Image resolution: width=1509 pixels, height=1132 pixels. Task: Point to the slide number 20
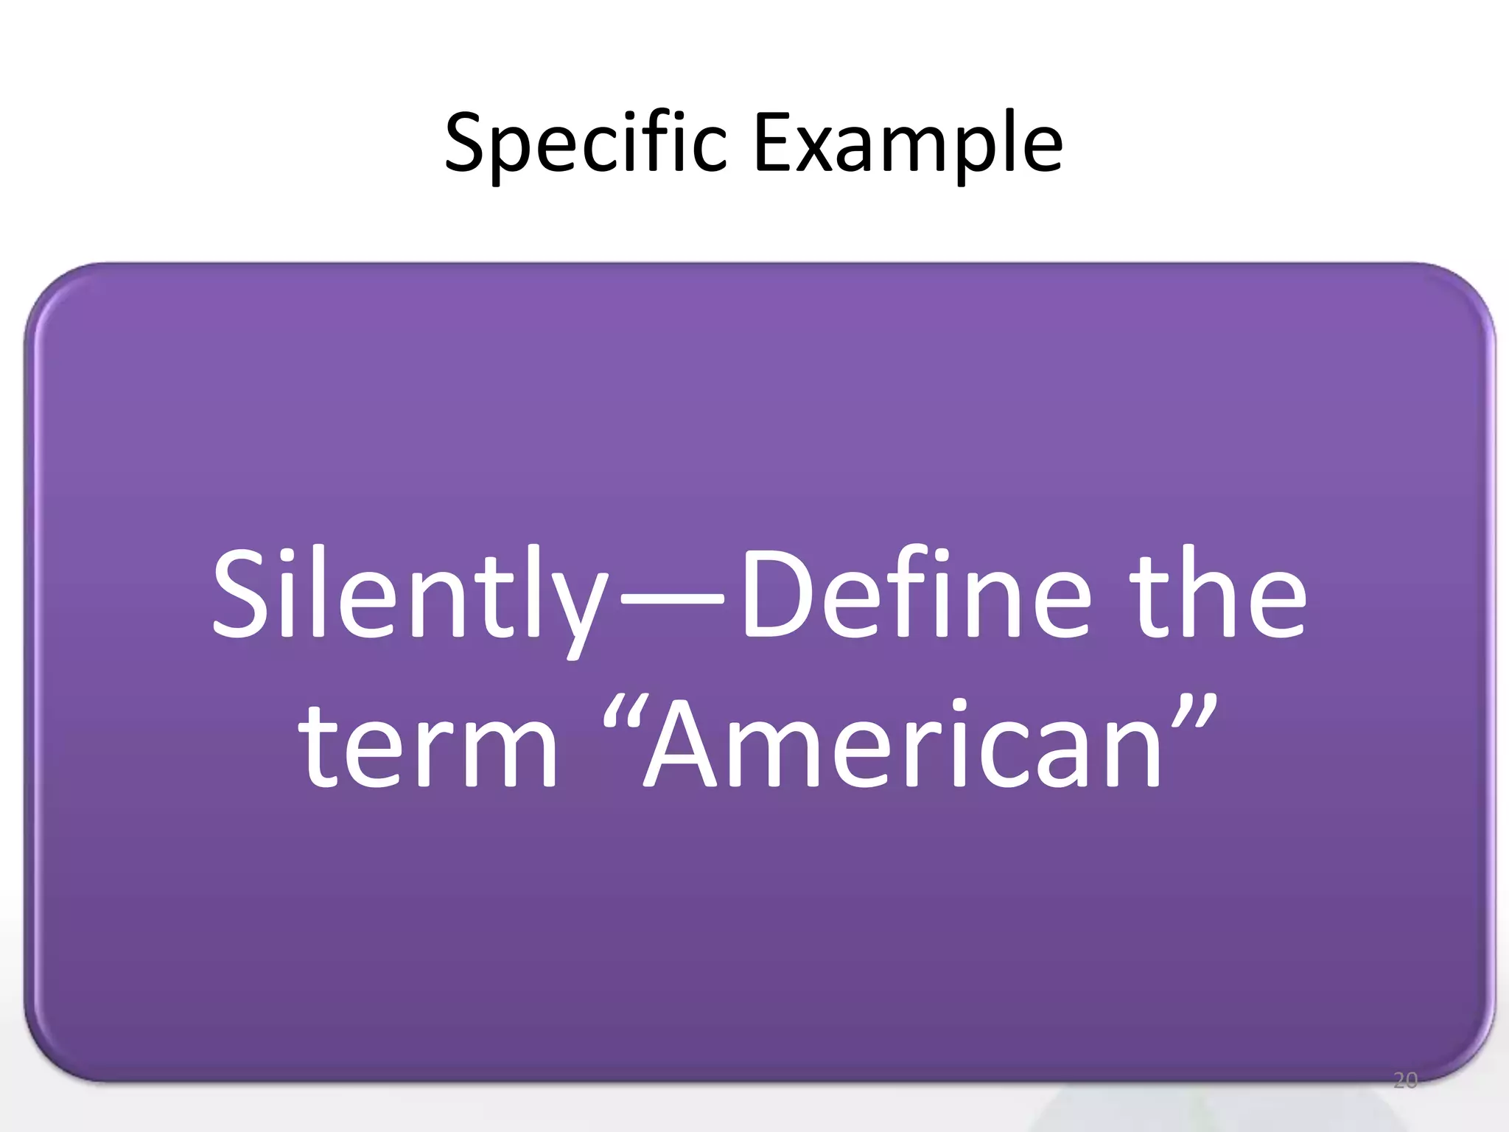tap(1405, 1081)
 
